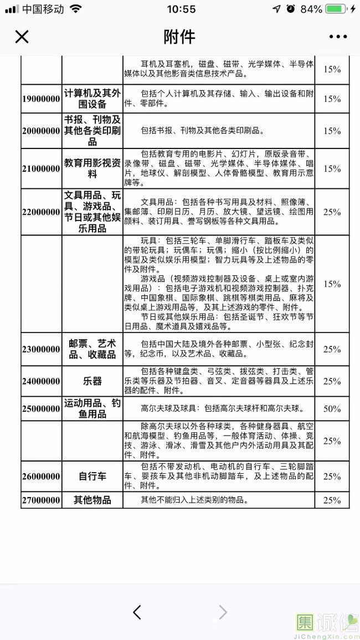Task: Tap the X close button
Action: [22, 37]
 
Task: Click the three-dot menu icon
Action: [338, 37]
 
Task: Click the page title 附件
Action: [179, 37]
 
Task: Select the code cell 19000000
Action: [41, 99]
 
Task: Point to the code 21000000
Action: [41, 168]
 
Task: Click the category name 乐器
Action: [92, 381]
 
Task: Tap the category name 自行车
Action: [92, 476]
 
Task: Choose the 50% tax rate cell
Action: [332, 409]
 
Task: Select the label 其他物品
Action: [92, 500]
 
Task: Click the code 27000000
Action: [41, 500]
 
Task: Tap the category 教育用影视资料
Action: [92, 168]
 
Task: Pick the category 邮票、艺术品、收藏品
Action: [92, 349]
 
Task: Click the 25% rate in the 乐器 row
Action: [332, 381]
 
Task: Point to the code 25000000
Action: [41, 409]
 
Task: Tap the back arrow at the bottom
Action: [137, 612]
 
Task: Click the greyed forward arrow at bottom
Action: [223, 612]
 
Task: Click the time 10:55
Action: [181, 9]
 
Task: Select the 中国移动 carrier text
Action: [44, 9]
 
